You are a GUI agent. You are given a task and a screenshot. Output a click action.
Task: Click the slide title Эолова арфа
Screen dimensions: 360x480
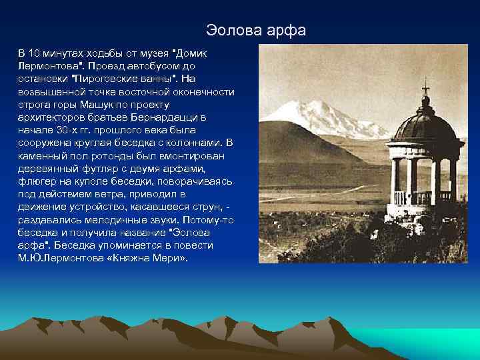[x=255, y=30]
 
